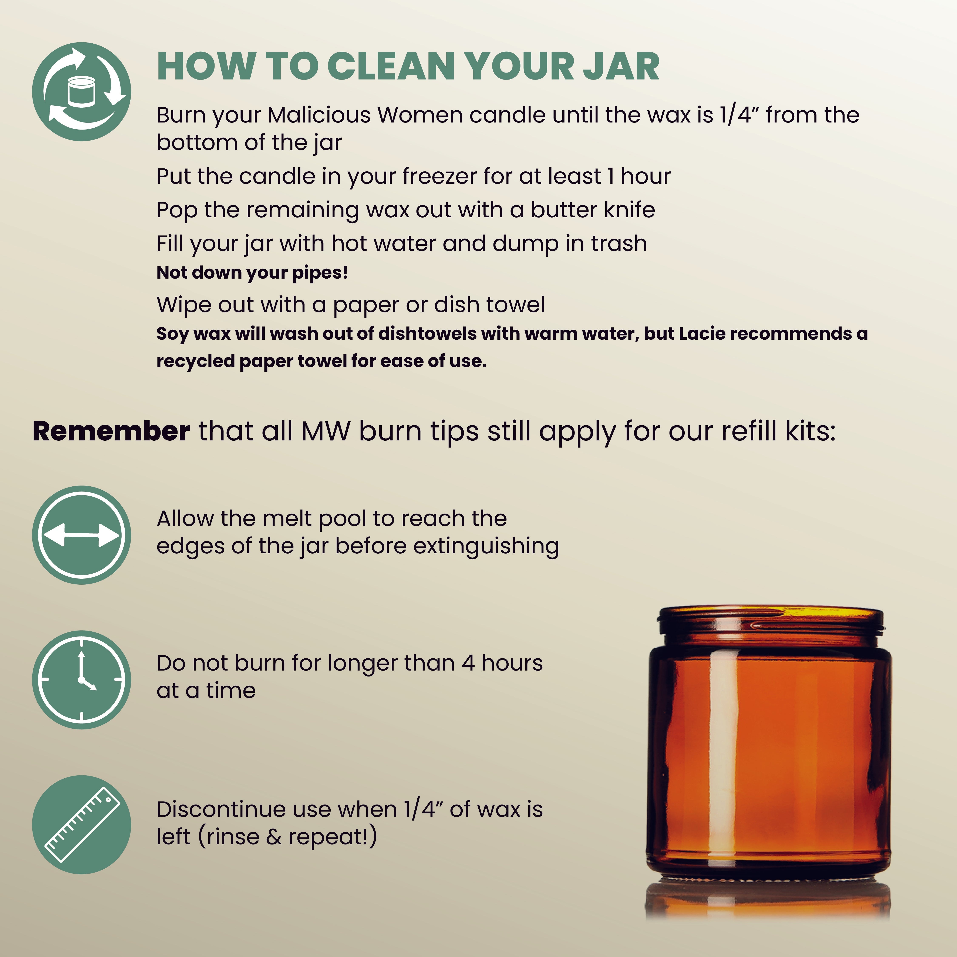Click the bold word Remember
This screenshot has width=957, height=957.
coord(111,431)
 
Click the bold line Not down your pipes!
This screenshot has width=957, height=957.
coord(252,272)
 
